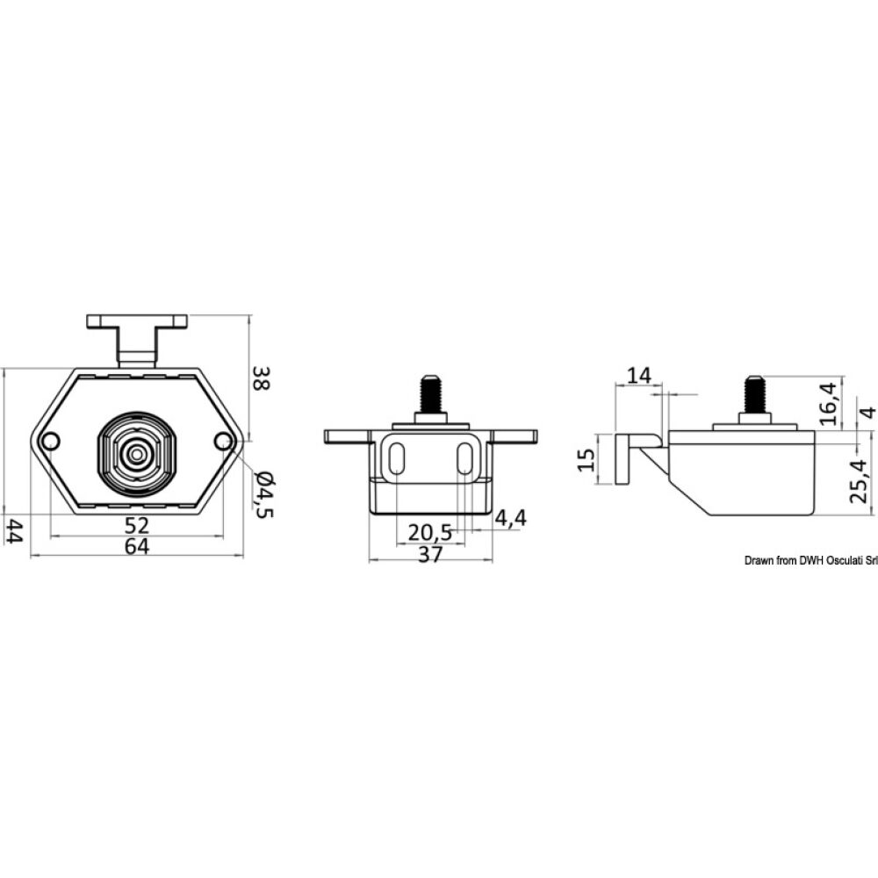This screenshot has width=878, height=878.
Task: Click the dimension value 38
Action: pyautogui.click(x=261, y=378)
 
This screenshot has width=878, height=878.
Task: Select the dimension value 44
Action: pyautogui.click(x=14, y=530)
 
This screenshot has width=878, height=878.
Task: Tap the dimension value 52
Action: pyautogui.click(x=137, y=525)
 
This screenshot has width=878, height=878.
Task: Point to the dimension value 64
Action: pyautogui.click(x=137, y=546)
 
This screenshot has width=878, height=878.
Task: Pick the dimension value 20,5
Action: pyautogui.click(x=430, y=532)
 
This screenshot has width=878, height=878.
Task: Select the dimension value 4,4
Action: pyautogui.click(x=510, y=518)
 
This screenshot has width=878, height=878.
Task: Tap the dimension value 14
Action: pyautogui.click(x=639, y=376)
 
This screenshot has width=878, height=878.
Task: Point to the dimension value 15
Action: pyautogui.click(x=586, y=459)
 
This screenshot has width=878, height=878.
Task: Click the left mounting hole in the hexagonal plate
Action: pyautogui.click(x=51, y=441)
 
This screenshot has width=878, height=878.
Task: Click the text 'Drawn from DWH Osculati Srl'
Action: pyautogui.click(x=810, y=560)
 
